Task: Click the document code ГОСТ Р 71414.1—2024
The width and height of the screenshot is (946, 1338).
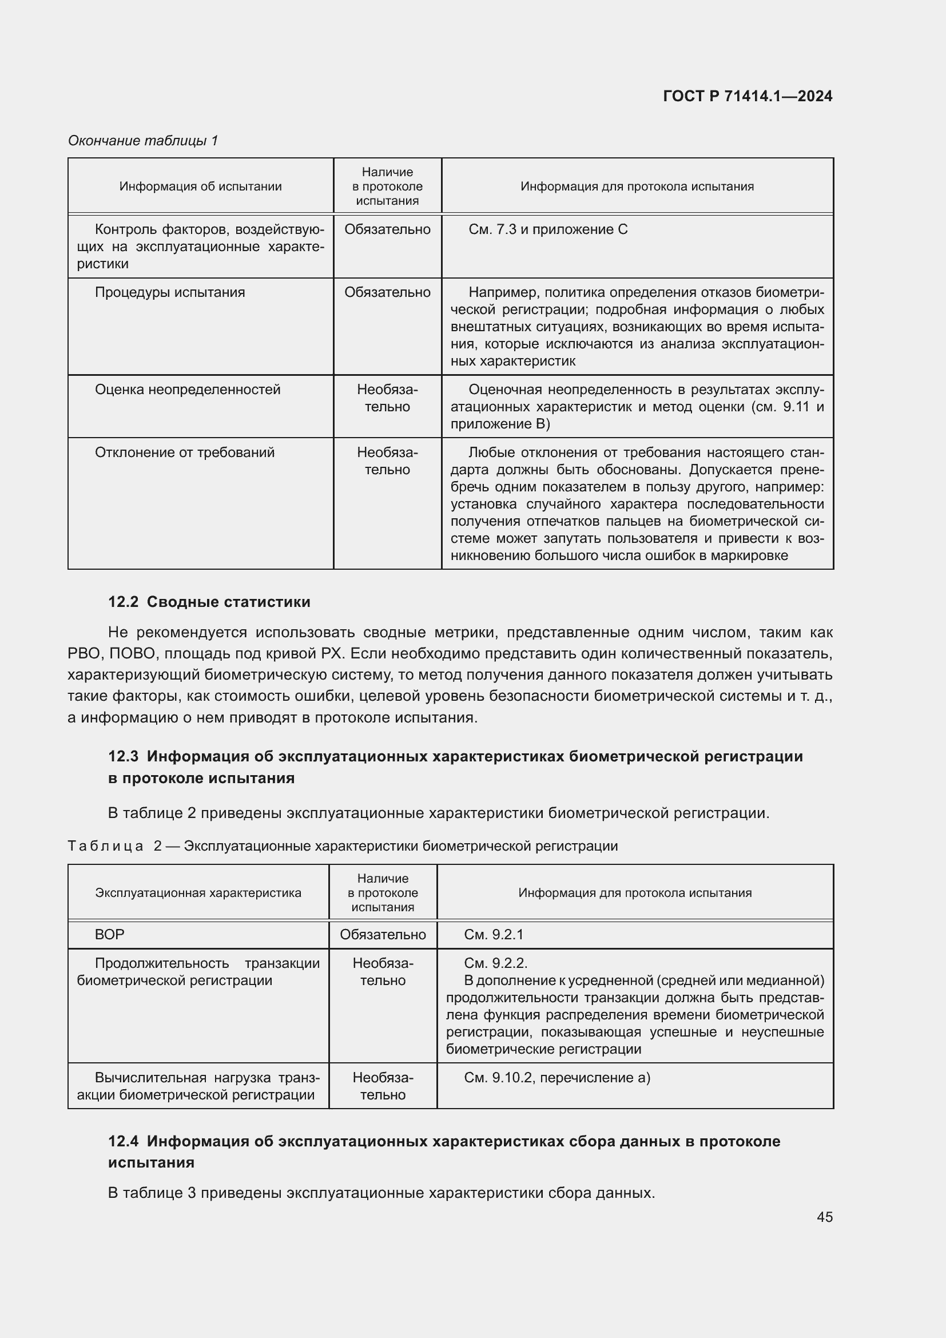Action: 748,96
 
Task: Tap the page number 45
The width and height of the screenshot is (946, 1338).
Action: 824,1217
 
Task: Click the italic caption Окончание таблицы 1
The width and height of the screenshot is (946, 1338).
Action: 143,141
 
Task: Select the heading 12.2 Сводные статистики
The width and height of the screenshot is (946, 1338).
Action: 209,602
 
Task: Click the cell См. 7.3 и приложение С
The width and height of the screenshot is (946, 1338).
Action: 547,229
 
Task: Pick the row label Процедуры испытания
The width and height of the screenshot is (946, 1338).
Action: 169,292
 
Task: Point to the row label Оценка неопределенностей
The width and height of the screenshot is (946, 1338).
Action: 187,390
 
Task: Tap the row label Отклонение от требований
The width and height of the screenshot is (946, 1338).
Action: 184,453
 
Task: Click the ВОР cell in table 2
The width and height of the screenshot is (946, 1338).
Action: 109,935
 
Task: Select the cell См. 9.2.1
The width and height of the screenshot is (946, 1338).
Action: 494,935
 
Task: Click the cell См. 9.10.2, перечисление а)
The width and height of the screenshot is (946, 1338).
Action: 557,1078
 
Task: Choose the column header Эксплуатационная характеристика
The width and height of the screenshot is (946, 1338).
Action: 198,893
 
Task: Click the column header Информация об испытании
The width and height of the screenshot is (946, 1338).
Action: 200,186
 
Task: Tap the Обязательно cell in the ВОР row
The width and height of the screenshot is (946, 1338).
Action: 383,935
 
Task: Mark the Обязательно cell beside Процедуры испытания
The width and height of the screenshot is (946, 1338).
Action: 387,292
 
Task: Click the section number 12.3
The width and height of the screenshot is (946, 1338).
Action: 123,756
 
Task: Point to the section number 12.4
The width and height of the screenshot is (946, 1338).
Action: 123,1141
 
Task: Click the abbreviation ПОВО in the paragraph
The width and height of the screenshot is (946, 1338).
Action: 131,654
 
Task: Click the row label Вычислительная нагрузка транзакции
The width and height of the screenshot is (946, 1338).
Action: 198,1086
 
